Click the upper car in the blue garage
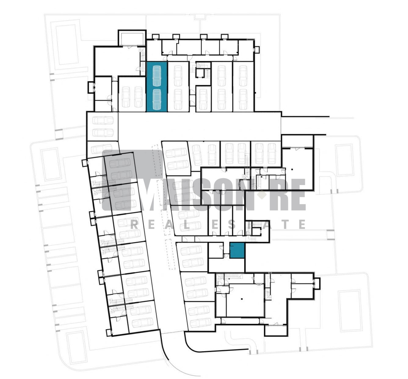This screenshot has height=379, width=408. coord(157,76)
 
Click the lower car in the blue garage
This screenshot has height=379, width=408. coord(157,100)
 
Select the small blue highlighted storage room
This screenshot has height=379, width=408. coord(237,250)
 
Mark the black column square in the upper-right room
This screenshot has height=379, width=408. coord(292,170)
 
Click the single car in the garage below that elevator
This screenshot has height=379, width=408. coord(203,100)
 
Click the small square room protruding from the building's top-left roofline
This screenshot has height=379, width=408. coord(132,38)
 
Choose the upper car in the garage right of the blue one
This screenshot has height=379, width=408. coord(178,76)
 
